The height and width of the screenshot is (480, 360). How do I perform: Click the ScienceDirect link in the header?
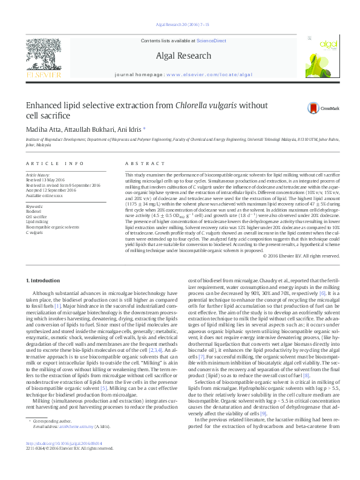point(212,40)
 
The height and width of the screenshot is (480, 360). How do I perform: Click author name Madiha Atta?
point(45,131)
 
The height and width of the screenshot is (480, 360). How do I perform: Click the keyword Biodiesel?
point(33,211)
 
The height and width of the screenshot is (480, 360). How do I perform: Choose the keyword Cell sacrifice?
point(36,216)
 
